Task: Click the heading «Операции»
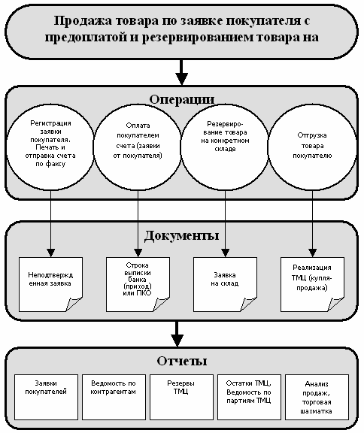pos(182,99)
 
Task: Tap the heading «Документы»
pos(182,235)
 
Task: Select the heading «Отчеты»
pos(182,361)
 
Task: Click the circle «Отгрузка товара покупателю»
pos(312,147)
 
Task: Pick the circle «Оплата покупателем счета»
pos(138,147)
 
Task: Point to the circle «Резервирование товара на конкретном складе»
pos(225,147)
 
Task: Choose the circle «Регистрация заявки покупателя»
pos(50,147)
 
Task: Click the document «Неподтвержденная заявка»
pos(50,284)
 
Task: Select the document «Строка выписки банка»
pos(138,284)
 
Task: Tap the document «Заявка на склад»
pos(225,284)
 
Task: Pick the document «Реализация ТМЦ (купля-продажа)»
pos(312,284)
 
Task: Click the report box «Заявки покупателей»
pos(46,397)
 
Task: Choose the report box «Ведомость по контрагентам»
pos(114,397)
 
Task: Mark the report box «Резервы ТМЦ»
pos(181,397)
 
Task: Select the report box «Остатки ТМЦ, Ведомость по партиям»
pos(249,397)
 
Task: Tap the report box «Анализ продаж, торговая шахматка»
pos(317,397)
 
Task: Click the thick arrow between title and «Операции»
pos(181,72)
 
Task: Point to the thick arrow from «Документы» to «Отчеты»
pos(177,334)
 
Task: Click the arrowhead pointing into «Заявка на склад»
pos(225,253)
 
